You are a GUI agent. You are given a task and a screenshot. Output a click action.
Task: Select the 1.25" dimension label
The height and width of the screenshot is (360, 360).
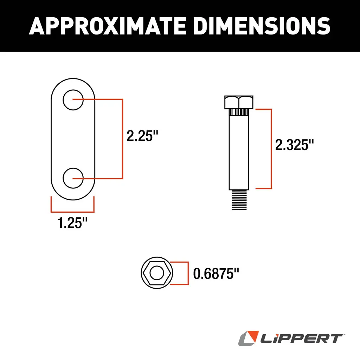pyautogui.click(x=72, y=223)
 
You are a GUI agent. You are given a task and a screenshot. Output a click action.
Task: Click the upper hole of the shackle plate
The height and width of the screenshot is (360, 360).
pyautogui.click(x=73, y=99)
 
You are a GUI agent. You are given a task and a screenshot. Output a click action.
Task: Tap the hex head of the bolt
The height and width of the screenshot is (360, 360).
pyautogui.click(x=239, y=102)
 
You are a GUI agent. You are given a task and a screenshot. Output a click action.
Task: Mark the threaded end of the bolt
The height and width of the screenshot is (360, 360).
pyautogui.click(x=239, y=199)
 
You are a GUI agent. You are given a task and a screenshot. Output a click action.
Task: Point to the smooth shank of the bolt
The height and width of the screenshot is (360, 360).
pyautogui.click(x=239, y=153)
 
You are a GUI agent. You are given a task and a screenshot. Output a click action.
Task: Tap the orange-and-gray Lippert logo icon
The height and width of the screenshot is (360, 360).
pyautogui.click(x=248, y=339)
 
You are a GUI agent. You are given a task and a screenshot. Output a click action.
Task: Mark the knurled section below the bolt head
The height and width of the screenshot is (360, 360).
pyautogui.click(x=239, y=112)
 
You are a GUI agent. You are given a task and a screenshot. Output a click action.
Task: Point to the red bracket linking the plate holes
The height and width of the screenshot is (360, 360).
pyautogui.click(x=122, y=139)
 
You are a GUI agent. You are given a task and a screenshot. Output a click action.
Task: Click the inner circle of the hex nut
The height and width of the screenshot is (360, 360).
pyautogui.click(x=157, y=273)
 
